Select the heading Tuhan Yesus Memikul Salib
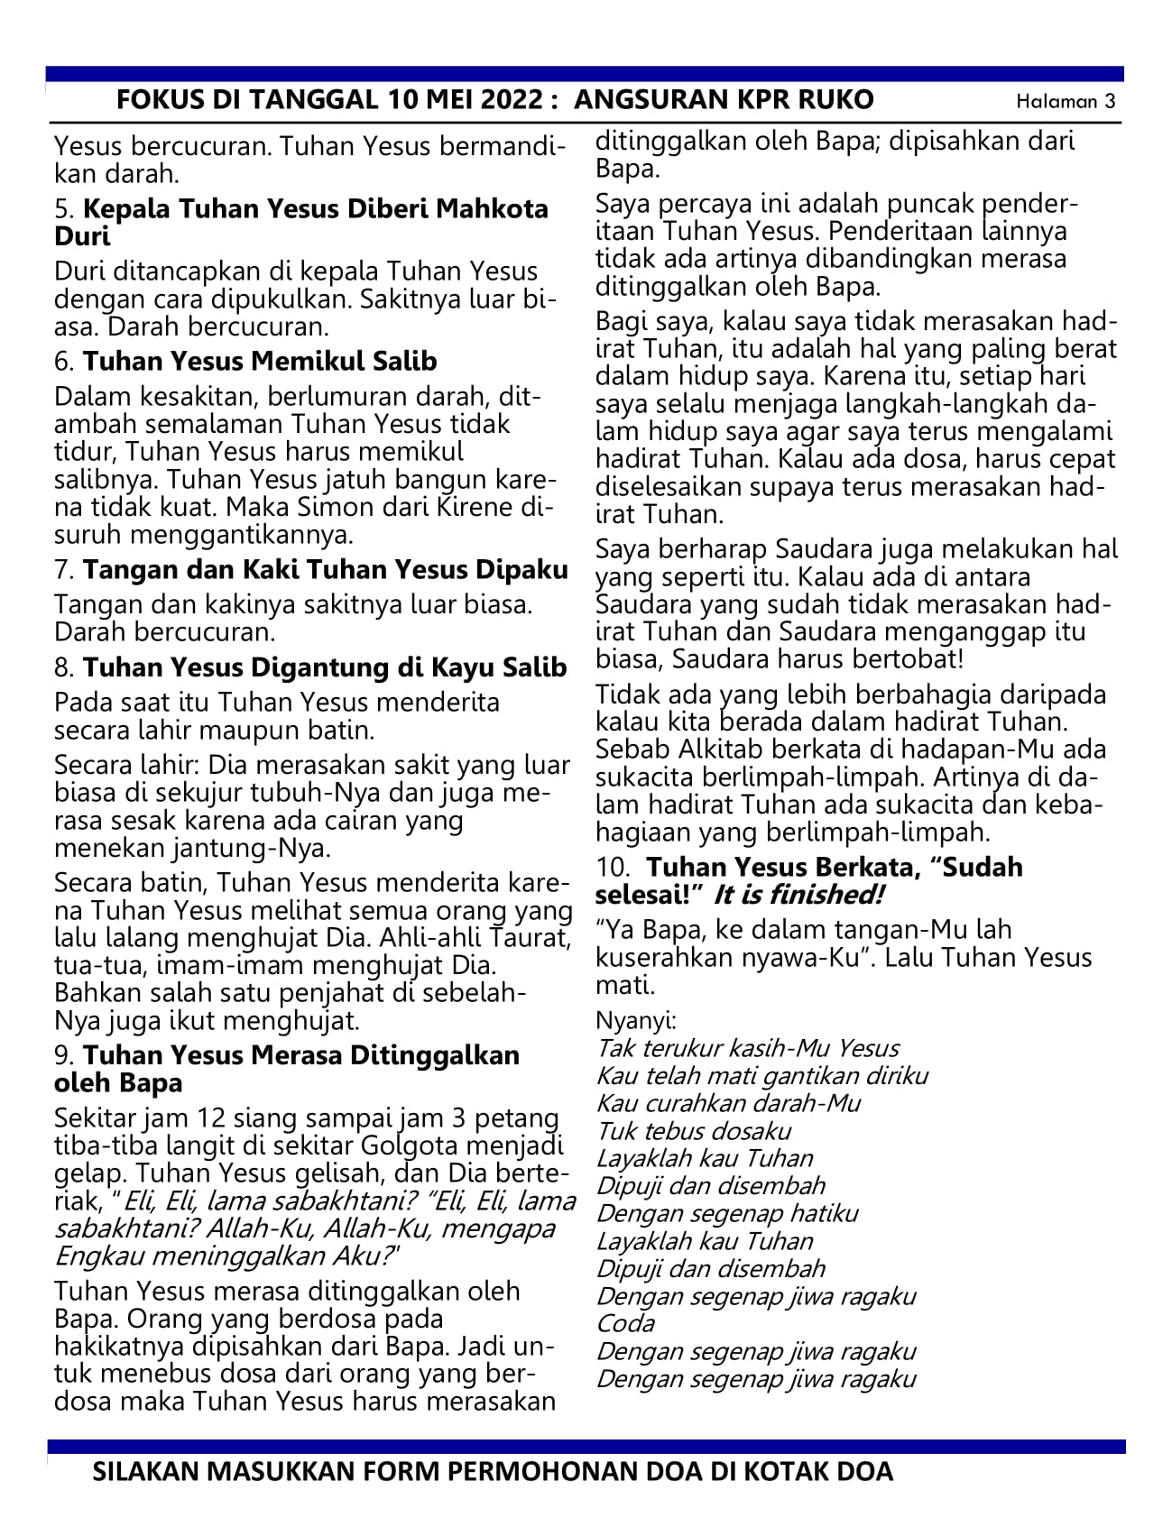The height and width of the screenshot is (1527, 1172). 260,362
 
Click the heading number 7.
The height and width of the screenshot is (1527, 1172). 63,570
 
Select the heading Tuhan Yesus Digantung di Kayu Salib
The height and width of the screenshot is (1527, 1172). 325,667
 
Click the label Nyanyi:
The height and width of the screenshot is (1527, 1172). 636,1021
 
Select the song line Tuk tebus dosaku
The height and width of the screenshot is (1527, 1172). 694,1131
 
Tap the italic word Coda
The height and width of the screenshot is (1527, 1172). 625,1323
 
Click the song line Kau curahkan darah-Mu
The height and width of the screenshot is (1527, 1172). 729,1103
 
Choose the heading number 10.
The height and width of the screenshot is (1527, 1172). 613,868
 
